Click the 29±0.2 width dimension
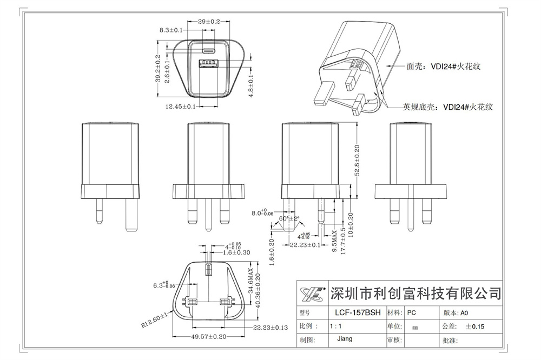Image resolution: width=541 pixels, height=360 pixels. [209, 21]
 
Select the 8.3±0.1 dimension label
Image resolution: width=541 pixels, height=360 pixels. [171, 30]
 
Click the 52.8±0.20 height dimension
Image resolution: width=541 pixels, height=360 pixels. [358, 159]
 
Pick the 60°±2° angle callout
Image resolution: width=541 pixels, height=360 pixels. [289, 219]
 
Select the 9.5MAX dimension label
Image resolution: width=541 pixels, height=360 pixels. [335, 241]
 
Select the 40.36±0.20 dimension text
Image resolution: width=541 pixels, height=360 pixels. [258, 291]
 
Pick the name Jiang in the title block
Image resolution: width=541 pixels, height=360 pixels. [344, 339]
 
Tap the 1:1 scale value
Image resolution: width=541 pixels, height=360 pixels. [335, 326]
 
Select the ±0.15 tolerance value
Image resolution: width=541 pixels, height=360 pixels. [476, 326]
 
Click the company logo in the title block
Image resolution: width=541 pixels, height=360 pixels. [313, 294]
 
